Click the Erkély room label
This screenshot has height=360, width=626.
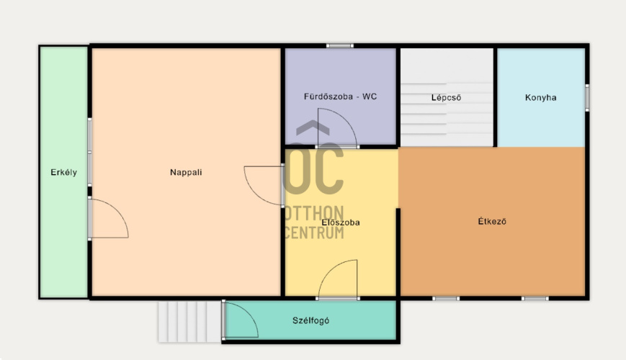pyautogui.click(x=64, y=172)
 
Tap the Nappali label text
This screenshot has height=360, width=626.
pyautogui.click(x=186, y=172)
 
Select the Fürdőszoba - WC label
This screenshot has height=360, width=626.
pyautogui.click(x=340, y=96)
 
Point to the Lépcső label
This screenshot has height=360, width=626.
pyautogui.click(x=447, y=97)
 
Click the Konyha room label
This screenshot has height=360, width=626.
pyautogui.click(x=540, y=97)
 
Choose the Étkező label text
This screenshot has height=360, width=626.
pyautogui.click(x=492, y=221)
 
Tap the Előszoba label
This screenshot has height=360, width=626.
pyautogui.click(x=341, y=222)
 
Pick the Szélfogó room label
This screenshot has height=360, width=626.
pyautogui.click(x=310, y=320)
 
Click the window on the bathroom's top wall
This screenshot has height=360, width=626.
pyautogui.click(x=340, y=46)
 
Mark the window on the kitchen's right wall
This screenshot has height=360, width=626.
pyautogui.click(x=587, y=98)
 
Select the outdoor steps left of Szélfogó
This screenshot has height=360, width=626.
pyautogui.click(x=189, y=322)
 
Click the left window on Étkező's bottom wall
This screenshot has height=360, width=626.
pyautogui.click(x=446, y=299)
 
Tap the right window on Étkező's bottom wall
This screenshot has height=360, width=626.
pyautogui.click(x=535, y=299)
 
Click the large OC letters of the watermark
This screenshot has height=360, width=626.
pyautogui.click(x=314, y=168)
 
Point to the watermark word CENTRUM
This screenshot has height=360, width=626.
pyautogui.click(x=315, y=233)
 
